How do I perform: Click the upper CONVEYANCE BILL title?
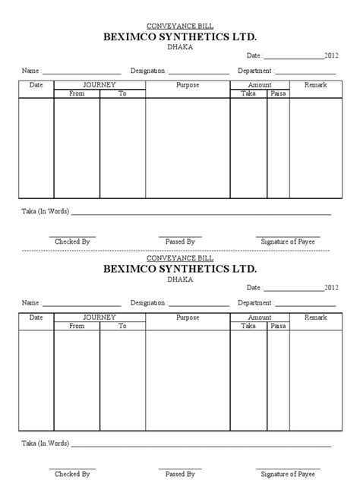click(180, 25)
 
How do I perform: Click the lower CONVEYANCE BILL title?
click(180, 258)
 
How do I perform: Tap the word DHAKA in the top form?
click(180, 46)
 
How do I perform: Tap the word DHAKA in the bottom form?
click(180, 279)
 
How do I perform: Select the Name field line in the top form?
click(83, 72)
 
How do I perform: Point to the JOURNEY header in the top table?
click(99, 85)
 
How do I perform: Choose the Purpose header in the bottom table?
click(188, 317)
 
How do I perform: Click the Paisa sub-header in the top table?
click(278, 93)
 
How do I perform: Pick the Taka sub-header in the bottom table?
click(248, 326)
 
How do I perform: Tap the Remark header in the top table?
click(315, 85)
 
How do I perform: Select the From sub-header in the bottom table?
click(77, 326)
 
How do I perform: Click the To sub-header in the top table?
click(122, 93)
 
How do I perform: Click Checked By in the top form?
click(73, 242)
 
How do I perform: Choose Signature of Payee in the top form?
click(288, 242)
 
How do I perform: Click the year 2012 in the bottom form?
click(331, 288)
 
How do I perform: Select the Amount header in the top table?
click(260, 85)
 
